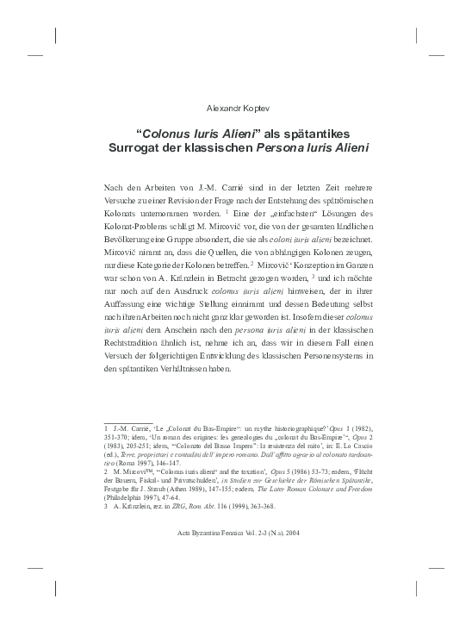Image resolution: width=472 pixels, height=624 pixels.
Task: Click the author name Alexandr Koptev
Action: tap(236, 109)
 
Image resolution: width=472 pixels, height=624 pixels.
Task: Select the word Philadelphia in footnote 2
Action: tap(126, 497)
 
